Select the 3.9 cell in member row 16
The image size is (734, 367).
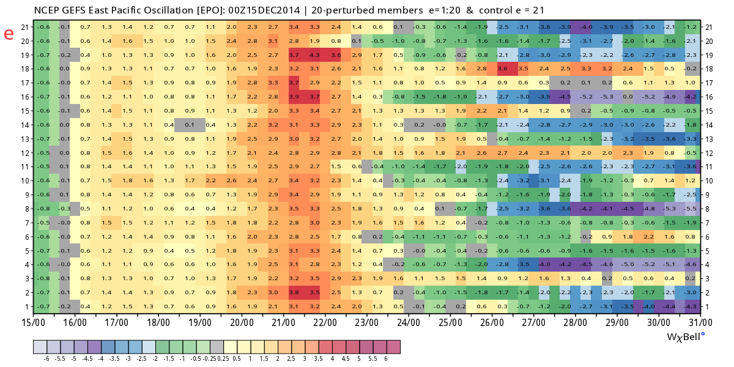(294, 97)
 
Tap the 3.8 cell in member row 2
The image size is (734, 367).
(294, 292)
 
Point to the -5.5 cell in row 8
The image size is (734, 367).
(691, 208)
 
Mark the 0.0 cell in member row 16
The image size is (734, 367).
(628, 97)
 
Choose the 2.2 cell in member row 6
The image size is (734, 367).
(648, 236)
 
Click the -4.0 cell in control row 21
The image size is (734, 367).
(586, 27)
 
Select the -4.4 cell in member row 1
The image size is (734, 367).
(669, 306)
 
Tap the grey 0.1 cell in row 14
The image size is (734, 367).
(190, 124)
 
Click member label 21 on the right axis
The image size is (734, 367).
(709, 27)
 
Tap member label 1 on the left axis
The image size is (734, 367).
(24, 306)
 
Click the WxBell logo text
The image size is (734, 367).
(685, 336)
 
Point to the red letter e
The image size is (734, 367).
(9, 34)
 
